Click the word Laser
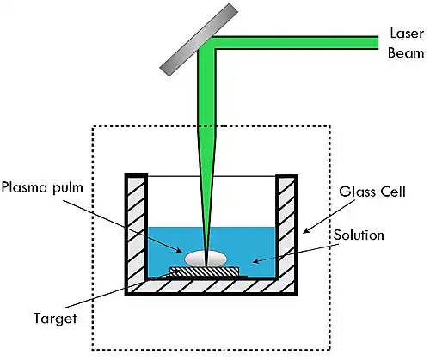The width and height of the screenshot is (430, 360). point(407,34)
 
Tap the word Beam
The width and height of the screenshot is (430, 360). point(406,53)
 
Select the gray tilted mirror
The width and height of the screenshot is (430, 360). point(199,40)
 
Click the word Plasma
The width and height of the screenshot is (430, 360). point(25,187)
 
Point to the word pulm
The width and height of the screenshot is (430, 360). point(68,189)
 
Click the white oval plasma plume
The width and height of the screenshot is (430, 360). point(206,259)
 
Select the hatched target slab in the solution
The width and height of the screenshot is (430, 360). point(205,272)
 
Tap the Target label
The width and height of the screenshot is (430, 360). point(55,319)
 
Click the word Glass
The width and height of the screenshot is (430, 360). point(358,192)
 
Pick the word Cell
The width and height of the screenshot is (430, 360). point(393,192)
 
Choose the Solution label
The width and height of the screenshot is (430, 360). point(359,235)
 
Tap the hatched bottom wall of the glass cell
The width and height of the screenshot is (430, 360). point(211,287)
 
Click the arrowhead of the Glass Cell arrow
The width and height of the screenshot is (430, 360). point(306,231)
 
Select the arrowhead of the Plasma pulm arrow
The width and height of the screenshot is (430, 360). point(179,251)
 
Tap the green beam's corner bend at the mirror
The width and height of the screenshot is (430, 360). point(207,44)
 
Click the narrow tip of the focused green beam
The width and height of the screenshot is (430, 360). point(206,265)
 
